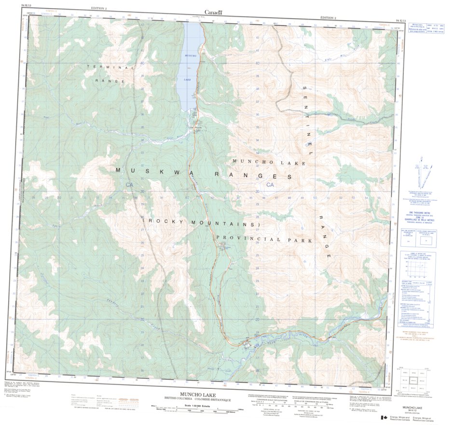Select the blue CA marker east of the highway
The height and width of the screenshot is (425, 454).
[x=270, y=185]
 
